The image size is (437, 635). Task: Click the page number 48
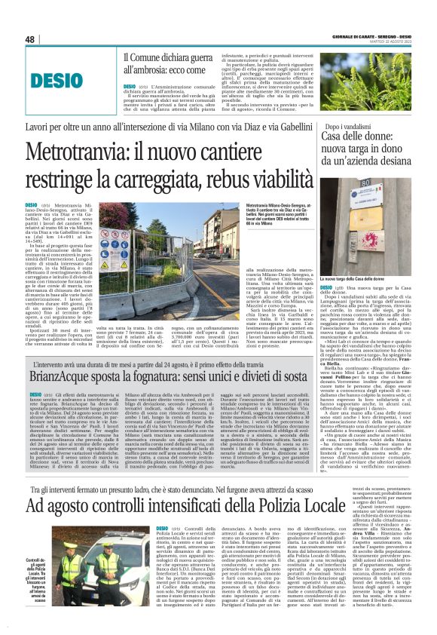pos(30,38)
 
